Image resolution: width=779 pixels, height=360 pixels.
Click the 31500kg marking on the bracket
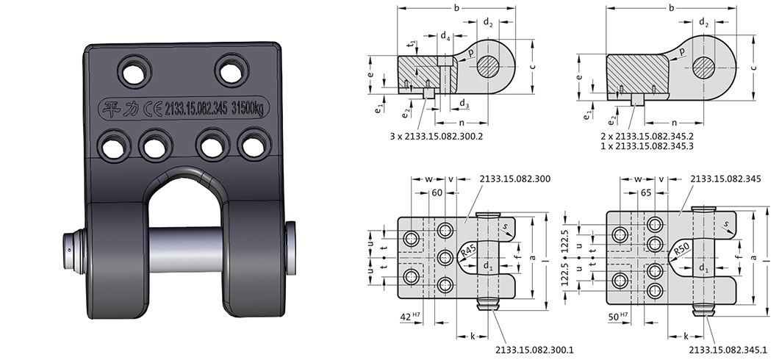click(x=247, y=109)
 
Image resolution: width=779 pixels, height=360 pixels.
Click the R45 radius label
click(x=468, y=252)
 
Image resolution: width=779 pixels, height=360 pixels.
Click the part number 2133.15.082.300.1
click(x=534, y=350)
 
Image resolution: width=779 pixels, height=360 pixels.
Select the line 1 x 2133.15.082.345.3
click(x=654, y=146)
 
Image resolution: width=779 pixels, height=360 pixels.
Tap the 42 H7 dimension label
click(x=410, y=317)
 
